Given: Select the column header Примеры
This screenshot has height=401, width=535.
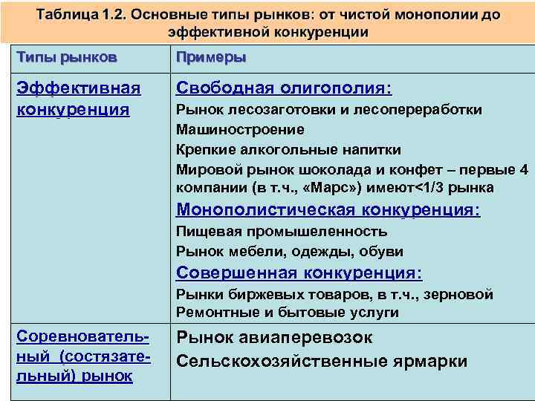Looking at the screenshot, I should click(x=211, y=58).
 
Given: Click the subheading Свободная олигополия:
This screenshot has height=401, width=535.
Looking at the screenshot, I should click(x=283, y=88).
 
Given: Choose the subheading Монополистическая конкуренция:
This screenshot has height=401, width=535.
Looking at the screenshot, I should click(x=328, y=210).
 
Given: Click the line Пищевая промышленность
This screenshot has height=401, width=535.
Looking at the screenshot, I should click(x=282, y=231).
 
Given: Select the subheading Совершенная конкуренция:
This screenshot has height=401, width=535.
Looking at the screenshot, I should click(x=299, y=273).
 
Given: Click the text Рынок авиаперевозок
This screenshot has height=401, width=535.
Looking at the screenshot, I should click(x=274, y=338).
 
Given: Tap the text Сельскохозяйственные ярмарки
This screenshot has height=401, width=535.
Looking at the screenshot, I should click(x=321, y=362).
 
